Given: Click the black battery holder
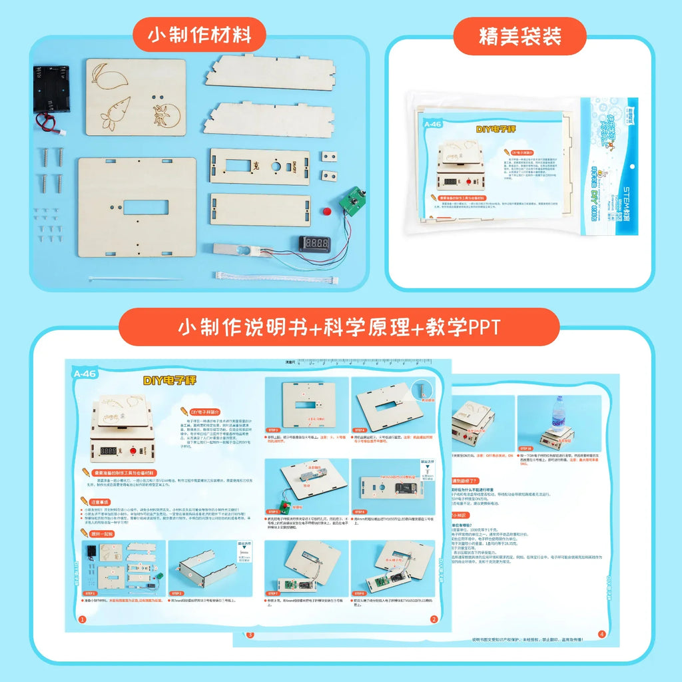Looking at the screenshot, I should (x=51, y=89).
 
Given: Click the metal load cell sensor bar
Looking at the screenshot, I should (x=238, y=250).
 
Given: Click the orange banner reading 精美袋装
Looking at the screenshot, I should (x=519, y=36).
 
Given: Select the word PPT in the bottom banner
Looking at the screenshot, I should (x=484, y=327).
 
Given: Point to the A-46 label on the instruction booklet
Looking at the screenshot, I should (x=85, y=374).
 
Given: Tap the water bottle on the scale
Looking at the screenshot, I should (x=558, y=418).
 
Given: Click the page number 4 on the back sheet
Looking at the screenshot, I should (x=601, y=633).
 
